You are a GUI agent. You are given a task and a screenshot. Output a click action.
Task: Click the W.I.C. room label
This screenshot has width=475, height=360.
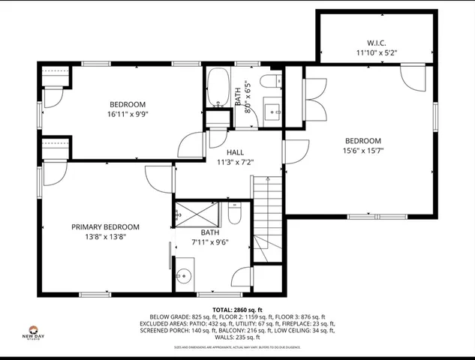376,43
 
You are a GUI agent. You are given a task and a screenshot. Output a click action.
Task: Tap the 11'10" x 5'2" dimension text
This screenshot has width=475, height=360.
376,53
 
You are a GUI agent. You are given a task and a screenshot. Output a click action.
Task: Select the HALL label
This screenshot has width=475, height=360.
235,152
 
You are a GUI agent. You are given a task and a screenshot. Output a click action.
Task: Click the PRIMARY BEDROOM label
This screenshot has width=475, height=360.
105,226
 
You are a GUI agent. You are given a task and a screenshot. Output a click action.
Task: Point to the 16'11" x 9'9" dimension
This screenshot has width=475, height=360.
127,115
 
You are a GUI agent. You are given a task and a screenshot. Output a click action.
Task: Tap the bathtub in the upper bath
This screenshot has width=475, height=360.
218,88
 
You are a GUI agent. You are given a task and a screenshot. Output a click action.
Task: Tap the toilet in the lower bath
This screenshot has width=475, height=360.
234,217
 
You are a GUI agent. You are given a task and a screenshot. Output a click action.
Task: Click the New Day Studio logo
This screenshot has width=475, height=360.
33,332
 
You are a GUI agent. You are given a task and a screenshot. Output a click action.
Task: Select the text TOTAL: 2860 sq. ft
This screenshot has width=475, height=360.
237,310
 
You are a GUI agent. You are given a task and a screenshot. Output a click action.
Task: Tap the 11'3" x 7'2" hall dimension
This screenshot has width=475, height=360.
235,162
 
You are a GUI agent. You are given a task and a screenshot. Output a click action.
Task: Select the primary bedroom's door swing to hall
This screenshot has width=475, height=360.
160,178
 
